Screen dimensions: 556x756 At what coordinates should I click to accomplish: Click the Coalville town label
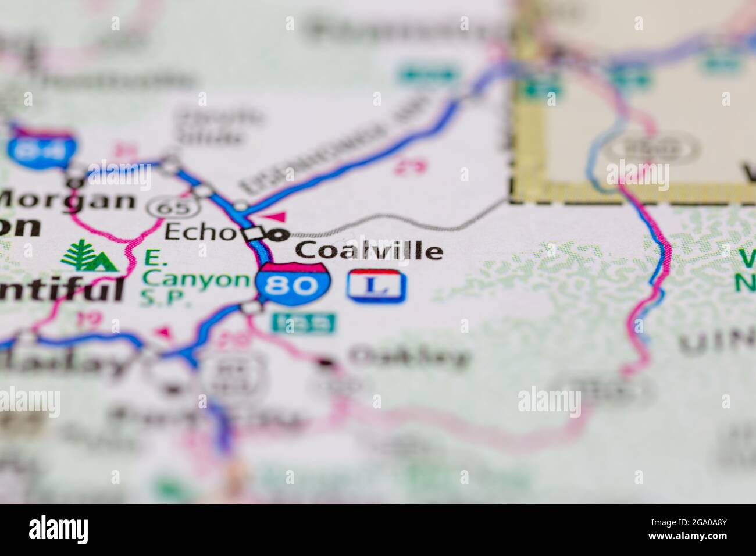tap(369, 251)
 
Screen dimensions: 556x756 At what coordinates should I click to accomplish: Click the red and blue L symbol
tap(377, 286)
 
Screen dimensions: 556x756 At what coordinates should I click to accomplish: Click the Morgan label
tap(67, 200)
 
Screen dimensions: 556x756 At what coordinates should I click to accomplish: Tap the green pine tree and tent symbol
tap(87, 256)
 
